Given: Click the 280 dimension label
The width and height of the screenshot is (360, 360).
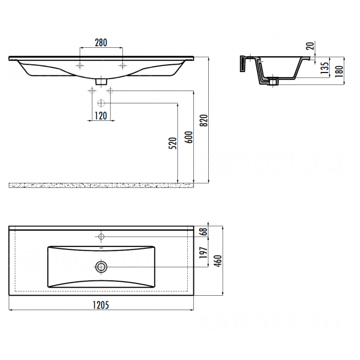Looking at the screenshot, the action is click(x=101, y=43).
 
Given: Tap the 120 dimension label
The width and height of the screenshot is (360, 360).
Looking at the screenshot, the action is click(x=101, y=116).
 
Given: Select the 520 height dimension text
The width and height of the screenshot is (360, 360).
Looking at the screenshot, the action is click(x=173, y=143).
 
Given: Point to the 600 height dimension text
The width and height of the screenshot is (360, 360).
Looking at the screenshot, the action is click(x=189, y=137).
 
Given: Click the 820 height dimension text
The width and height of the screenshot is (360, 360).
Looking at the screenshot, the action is click(x=204, y=120).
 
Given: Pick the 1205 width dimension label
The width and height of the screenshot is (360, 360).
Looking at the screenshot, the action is click(x=101, y=305).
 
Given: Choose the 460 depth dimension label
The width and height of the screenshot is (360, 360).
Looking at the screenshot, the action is click(x=218, y=261).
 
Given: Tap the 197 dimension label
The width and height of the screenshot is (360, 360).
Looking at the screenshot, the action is click(x=204, y=253).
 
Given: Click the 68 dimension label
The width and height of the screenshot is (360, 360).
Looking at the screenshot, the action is click(x=204, y=231).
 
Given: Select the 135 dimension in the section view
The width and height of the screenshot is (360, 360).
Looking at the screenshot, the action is click(x=325, y=68).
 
